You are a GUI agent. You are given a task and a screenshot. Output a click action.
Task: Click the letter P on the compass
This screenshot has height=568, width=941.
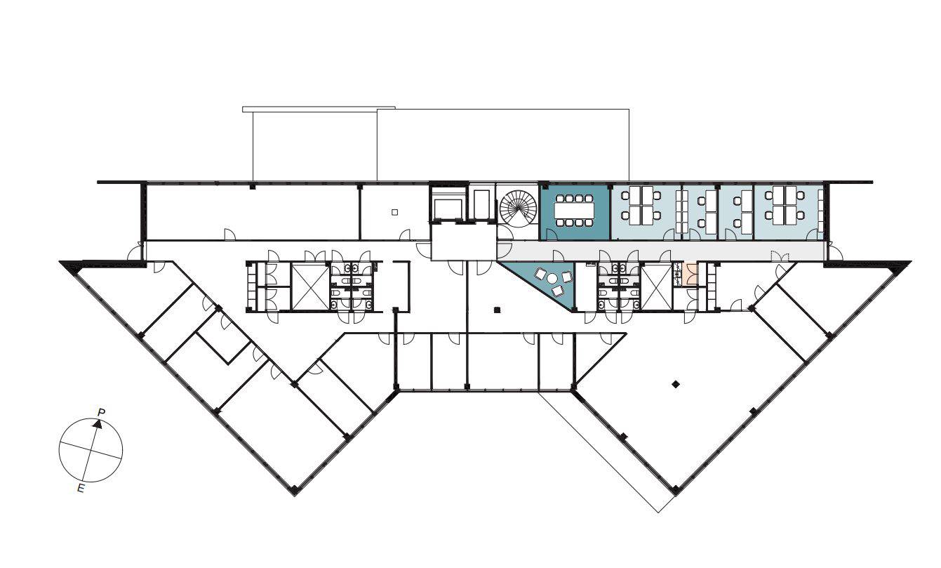pyautogui.click(x=101, y=412)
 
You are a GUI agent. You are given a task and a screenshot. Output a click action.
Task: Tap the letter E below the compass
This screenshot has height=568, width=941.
pyautogui.click(x=80, y=488)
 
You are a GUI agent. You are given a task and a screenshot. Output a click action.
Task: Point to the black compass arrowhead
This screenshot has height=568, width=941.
pyautogui.click(x=98, y=424)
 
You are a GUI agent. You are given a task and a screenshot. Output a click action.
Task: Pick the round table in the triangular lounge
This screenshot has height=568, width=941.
pyautogui.click(x=552, y=278)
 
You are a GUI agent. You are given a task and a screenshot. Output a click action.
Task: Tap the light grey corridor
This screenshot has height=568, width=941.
pyautogui.click(x=660, y=251)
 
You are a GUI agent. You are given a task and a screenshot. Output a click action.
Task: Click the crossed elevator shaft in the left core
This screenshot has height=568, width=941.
pyautogui.click(x=310, y=287)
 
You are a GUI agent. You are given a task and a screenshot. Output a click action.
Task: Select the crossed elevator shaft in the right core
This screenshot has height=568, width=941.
pyautogui.click(x=657, y=286)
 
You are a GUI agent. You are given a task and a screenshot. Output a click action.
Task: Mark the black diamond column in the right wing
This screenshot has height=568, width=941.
pyautogui.click(x=676, y=384)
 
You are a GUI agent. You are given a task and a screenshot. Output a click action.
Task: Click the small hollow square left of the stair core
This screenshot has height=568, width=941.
pyautogui.click(x=394, y=212)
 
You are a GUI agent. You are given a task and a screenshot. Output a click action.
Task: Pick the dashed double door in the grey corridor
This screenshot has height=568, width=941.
pyautogui.click(x=780, y=255)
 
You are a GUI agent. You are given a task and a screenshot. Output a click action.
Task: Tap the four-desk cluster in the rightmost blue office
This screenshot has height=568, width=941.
pyautogui.click(x=785, y=205)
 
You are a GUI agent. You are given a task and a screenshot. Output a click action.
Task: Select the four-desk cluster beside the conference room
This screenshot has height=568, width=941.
pyautogui.click(x=641, y=205)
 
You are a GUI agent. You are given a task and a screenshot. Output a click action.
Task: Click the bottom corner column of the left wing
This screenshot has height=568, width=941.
pyautogui.click(x=295, y=489)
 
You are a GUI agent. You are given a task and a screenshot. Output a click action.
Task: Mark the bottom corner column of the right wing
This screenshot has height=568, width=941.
pyautogui.click(x=675, y=489)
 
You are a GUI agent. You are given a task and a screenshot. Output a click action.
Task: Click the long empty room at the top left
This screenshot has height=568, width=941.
pyautogui.click(x=252, y=212)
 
